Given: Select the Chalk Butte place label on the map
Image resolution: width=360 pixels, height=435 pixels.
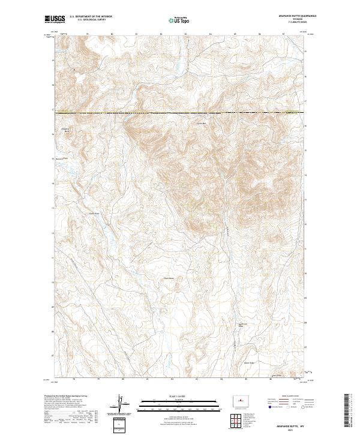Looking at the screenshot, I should coord(169,278).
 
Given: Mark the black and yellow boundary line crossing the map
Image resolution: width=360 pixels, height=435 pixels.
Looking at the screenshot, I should coord(180,112).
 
